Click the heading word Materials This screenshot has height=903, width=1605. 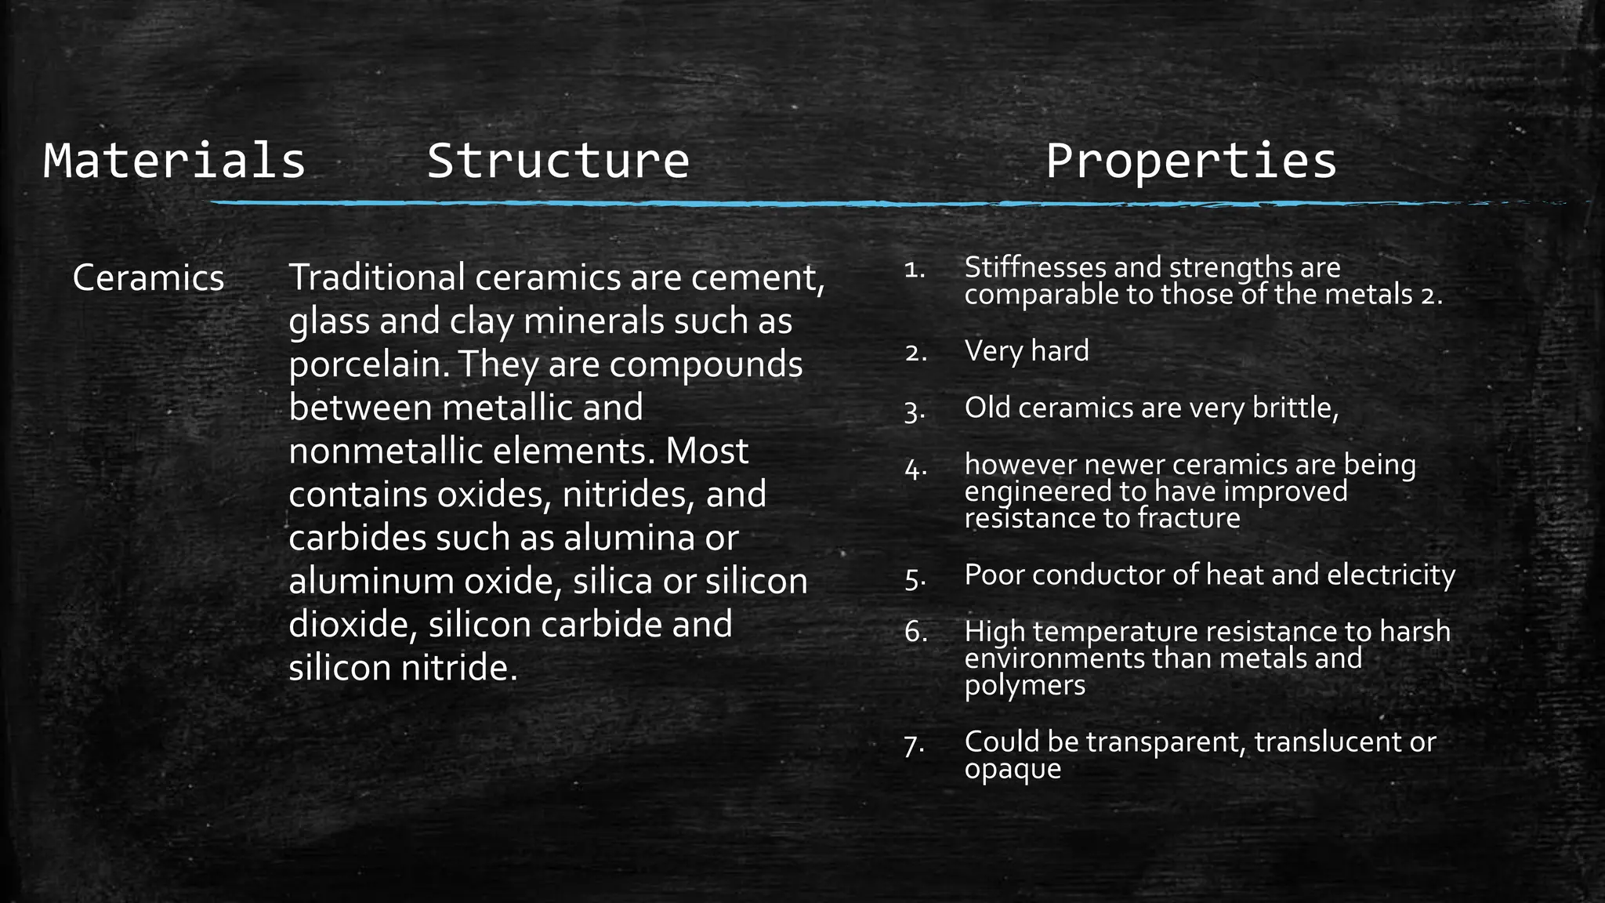(174, 161)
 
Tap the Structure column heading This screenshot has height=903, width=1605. (557, 161)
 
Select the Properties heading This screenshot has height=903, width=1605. (1190, 161)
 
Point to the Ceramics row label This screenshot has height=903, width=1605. (148, 278)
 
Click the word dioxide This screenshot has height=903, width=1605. (353, 625)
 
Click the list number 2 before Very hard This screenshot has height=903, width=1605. (915, 353)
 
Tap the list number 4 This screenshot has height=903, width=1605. (915, 470)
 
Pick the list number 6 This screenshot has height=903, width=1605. (915, 632)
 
